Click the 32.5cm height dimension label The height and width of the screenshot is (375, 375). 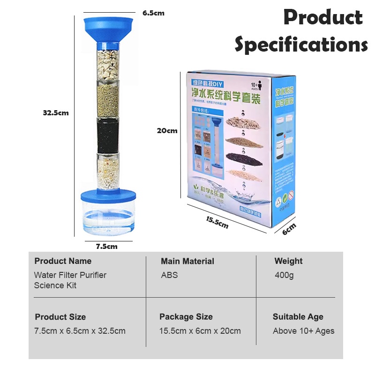click(x=55, y=112)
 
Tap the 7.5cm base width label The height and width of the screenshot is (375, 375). click(x=106, y=246)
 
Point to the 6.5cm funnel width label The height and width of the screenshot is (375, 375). click(x=153, y=13)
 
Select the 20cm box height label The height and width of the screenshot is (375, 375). click(x=167, y=131)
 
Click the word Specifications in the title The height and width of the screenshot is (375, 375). click(x=301, y=45)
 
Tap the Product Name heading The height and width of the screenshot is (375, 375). click(x=63, y=261)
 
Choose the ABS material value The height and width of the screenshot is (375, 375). click(x=169, y=275)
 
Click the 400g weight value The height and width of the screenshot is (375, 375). click(x=284, y=275)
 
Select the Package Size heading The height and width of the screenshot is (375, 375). click(x=186, y=317)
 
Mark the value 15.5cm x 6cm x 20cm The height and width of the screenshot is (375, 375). click(x=200, y=331)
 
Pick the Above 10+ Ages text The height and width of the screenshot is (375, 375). click(x=303, y=331)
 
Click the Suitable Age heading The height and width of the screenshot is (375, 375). click(x=298, y=317)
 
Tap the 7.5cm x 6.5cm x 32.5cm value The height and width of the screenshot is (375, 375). click(x=80, y=331)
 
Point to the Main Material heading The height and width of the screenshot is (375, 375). click(x=187, y=261)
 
